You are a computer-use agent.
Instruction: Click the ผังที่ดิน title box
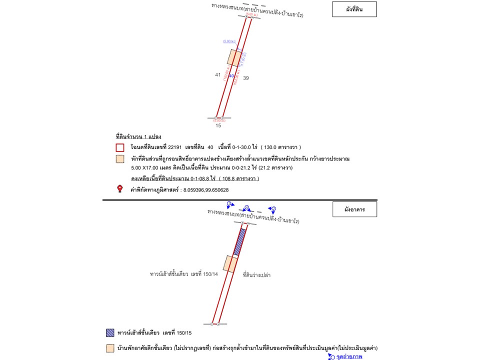coord(354,9)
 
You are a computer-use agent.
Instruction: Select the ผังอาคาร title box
coord(354,209)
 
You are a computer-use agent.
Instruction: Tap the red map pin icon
coord(120,188)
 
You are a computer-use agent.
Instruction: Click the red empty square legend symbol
coord(120,147)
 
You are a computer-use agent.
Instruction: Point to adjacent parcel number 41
coord(218,75)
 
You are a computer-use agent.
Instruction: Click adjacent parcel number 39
coord(246,78)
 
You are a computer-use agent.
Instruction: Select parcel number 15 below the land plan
coord(218,125)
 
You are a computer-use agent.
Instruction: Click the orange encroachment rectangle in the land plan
coord(234,57)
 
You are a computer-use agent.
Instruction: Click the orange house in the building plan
coord(229,263)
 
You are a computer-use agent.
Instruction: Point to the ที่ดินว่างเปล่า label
coord(256,275)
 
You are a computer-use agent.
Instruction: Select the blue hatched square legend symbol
coord(110,332)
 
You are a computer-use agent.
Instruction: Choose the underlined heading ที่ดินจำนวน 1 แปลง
coord(138,136)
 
